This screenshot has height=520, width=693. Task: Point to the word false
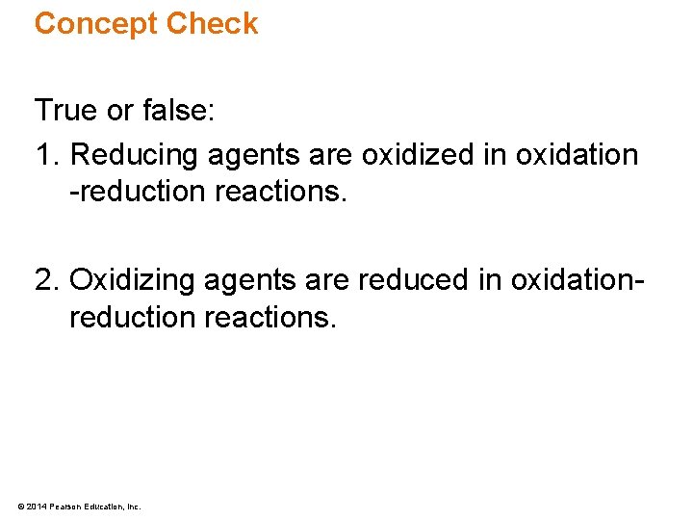tap(179, 111)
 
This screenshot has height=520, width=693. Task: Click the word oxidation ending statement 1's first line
tap(577, 154)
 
